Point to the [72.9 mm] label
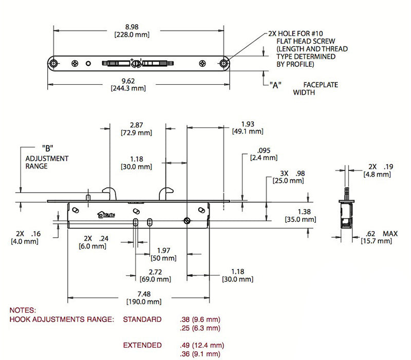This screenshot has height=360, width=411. tap(137, 132)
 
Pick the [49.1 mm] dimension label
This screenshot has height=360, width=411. tap(248, 131)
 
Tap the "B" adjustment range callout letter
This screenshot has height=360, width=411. tap(47, 149)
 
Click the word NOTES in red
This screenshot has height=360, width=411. tap(23, 311)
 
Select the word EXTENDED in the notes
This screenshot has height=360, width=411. tap(142, 345)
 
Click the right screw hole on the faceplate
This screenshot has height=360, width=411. tap(224, 63)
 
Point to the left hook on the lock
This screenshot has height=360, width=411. tap(108, 193)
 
